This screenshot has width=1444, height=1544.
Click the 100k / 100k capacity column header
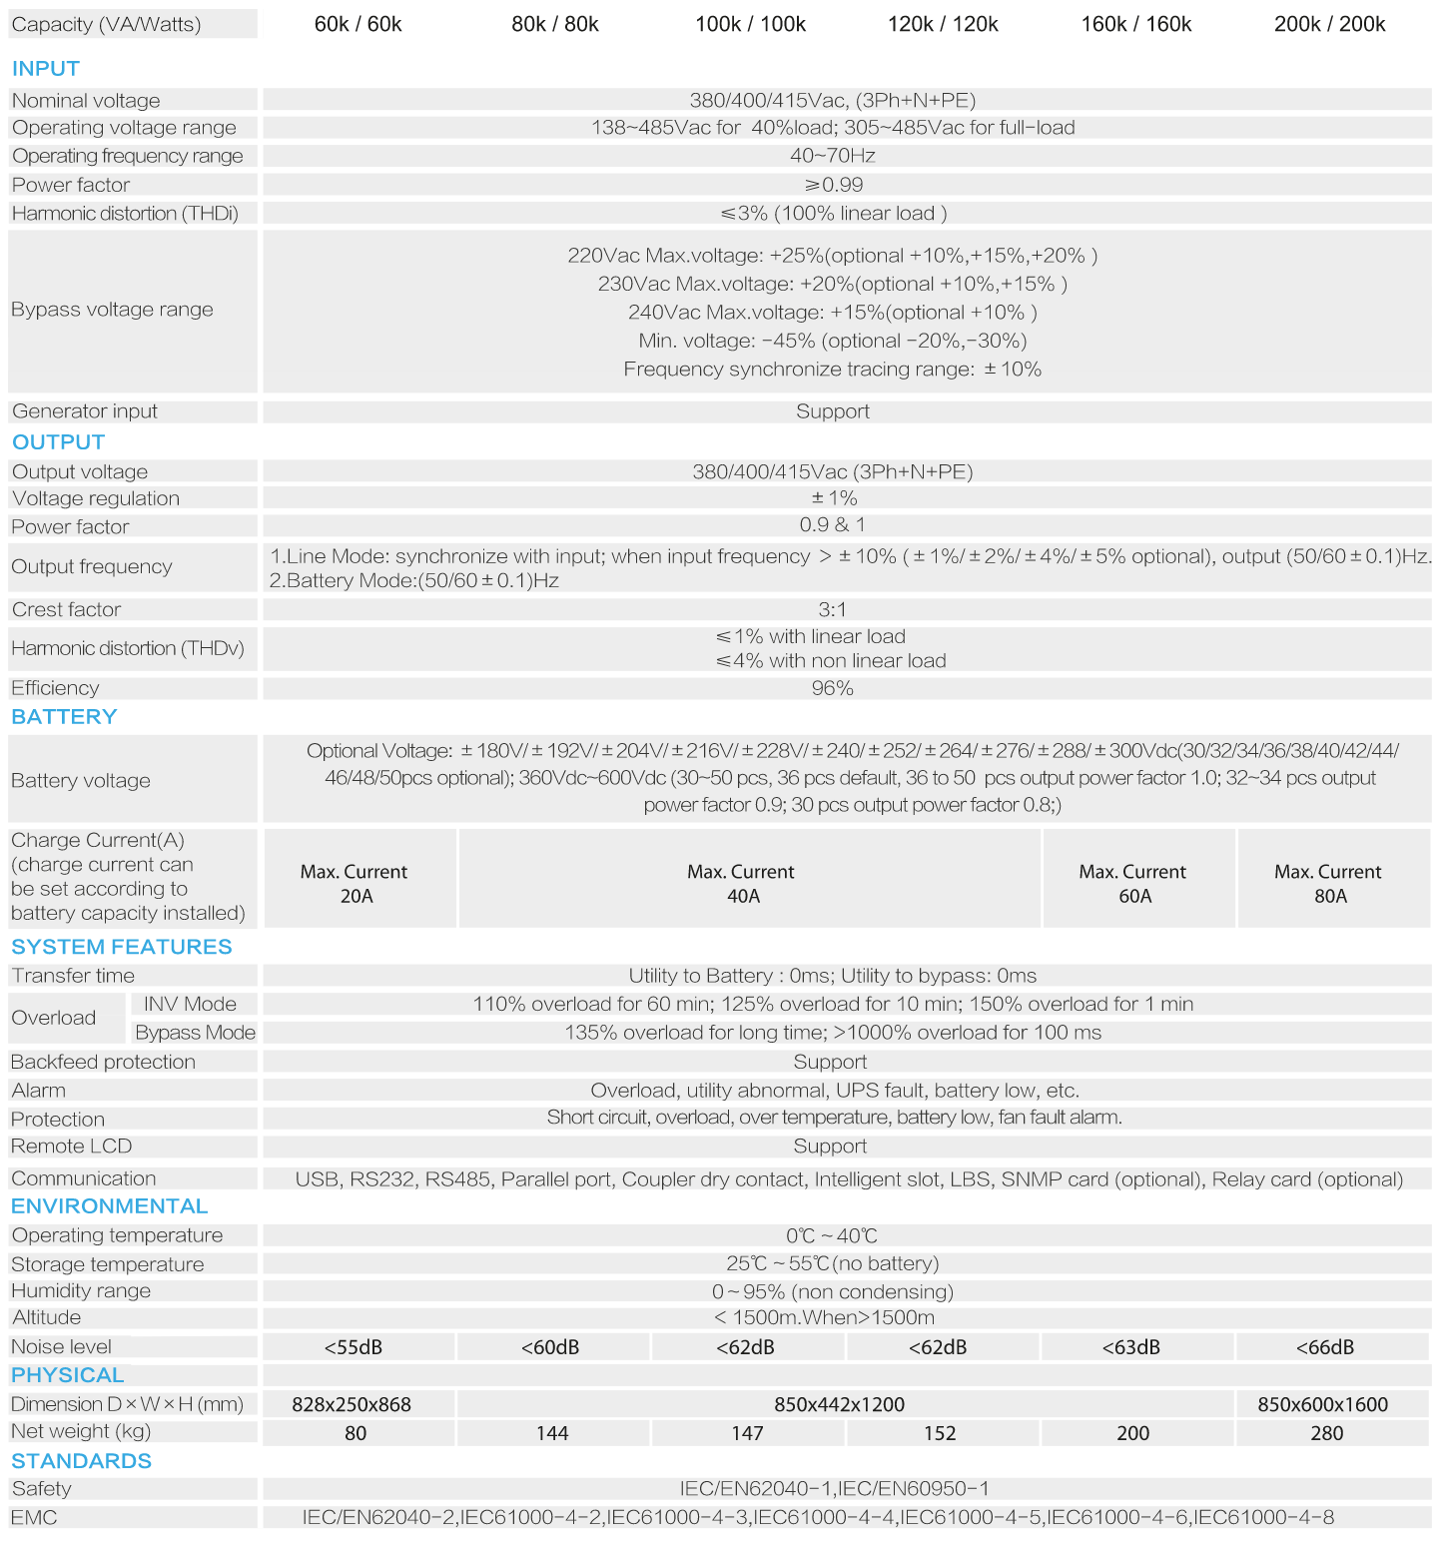tap(750, 24)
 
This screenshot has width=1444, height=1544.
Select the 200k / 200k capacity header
tap(1329, 24)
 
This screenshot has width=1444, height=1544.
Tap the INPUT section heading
tap(46, 69)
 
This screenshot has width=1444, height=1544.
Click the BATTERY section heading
tap(64, 717)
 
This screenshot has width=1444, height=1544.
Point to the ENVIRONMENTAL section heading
tap(110, 1206)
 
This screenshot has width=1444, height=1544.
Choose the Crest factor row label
tap(66, 609)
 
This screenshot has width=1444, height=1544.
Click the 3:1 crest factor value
tap(832, 609)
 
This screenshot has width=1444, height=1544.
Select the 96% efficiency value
tap(832, 688)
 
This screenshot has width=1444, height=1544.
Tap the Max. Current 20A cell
tap(355, 883)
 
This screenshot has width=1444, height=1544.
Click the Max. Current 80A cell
tap(1328, 883)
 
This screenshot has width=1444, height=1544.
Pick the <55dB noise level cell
tap(354, 1347)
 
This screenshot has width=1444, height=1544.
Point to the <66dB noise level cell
tap(1325, 1347)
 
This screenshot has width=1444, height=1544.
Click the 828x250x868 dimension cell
tap(352, 1404)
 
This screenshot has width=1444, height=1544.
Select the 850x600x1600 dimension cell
tap(1322, 1404)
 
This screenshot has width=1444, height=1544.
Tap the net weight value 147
tap(747, 1433)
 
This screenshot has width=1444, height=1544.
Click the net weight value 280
tap(1326, 1433)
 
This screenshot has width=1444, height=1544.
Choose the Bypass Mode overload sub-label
tap(195, 1033)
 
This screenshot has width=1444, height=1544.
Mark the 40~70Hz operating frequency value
tap(832, 156)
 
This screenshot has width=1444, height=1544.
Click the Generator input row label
tap(85, 411)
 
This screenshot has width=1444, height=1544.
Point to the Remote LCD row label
tap(72, 1147)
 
